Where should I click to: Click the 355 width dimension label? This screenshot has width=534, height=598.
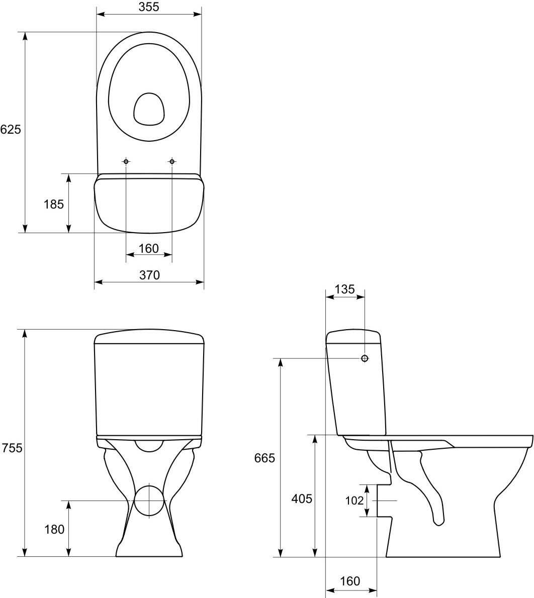click(x=149, y=7)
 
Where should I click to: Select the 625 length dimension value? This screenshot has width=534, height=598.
click(x=11, y=130)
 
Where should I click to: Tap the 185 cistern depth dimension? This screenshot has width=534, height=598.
click(x=54, y=205)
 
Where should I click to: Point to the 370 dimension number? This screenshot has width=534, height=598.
click(x=149, y=274)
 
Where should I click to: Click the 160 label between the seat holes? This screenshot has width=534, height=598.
click(x=148, y=248)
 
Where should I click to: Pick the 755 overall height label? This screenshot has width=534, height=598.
click(x=12, y=448)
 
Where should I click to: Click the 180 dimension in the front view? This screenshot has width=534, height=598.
click(x=54, y=529)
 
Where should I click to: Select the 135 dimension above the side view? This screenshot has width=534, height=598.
click(x=344, y=289)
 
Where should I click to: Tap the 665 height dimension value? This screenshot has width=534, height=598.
click(x=264, y=458)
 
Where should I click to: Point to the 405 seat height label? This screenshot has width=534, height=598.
click(x=302, y=499)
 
